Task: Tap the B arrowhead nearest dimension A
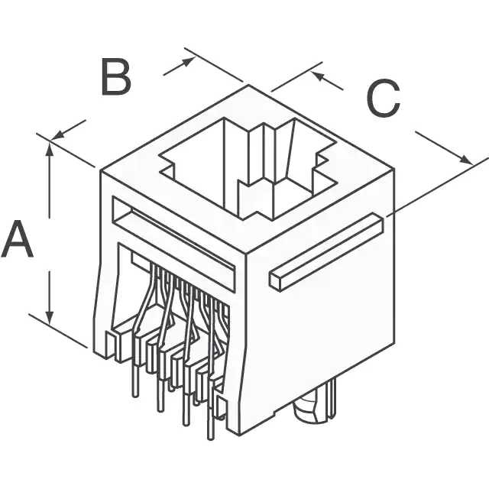click(58, 135)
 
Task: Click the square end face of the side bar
click(277, 280)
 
